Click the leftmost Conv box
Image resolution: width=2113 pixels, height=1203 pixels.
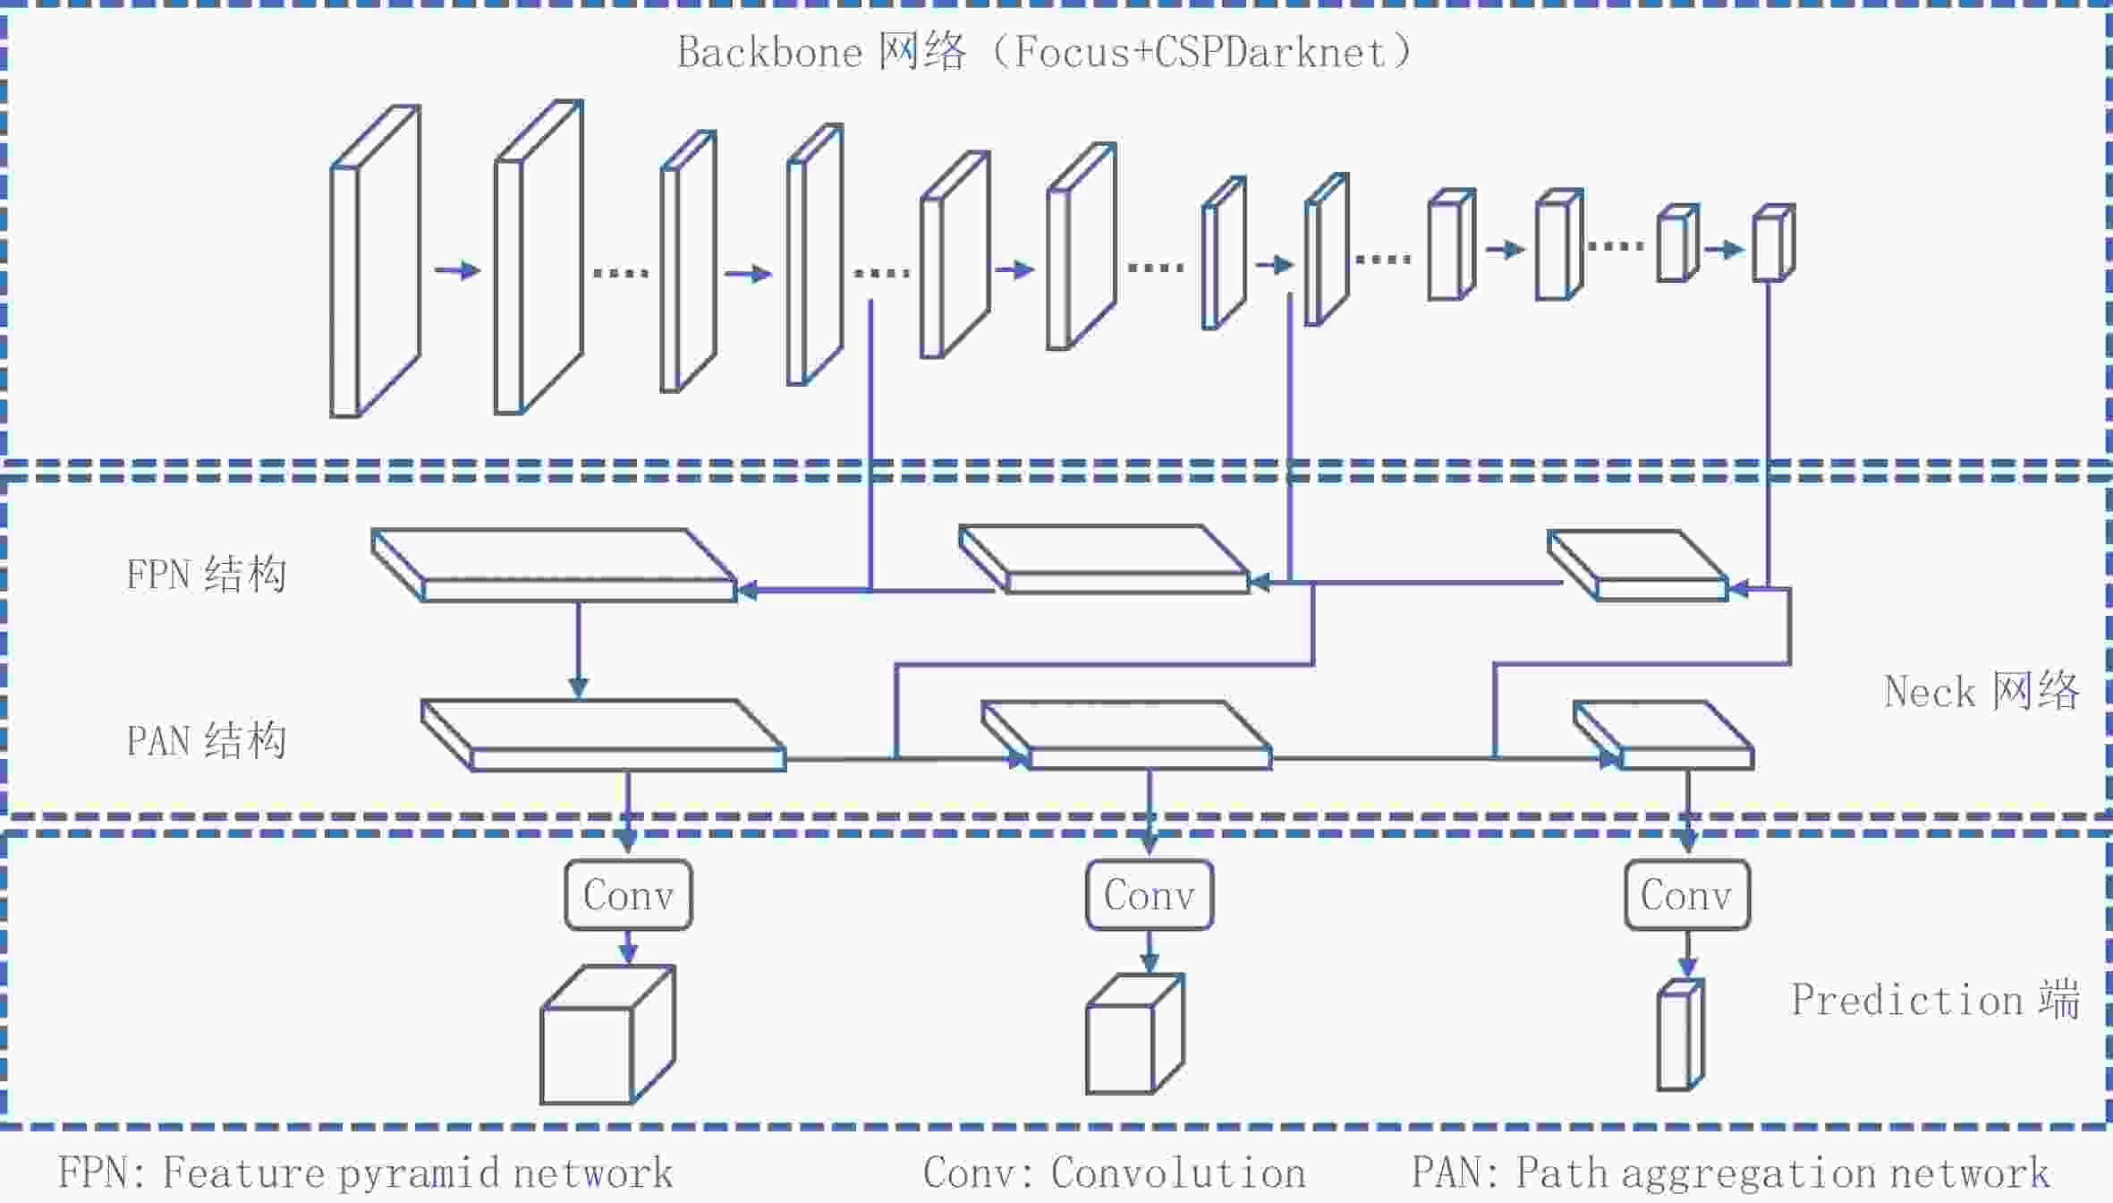point(628,895)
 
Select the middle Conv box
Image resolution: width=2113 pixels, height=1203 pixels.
point(1150,895)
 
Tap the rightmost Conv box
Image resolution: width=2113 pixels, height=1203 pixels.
point(1687,895)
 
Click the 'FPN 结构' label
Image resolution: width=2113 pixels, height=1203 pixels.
point(206,574)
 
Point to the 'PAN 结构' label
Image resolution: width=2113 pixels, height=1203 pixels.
point(206,740)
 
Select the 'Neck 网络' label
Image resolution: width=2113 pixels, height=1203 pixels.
point(1981,691)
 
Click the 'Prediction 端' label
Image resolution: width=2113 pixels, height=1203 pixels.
point(1935,999)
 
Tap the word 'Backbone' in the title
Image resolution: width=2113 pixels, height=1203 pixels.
point(769,52)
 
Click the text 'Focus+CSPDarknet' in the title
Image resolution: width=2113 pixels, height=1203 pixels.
point(1201,52)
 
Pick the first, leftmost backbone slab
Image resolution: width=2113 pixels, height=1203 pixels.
point(375,261)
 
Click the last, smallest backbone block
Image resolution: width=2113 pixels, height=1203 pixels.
point(1773,243)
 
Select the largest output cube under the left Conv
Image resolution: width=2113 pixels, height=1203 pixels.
point(607,1034)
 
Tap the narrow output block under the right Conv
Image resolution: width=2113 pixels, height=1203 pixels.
point(1680,1035)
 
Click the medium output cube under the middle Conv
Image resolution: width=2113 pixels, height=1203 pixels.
point(1135,1034)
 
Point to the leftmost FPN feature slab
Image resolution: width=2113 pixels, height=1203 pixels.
point(555,565)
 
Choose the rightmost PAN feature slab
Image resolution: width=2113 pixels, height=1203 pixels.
point(1663,735)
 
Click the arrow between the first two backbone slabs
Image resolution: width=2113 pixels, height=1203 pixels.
point(457,269)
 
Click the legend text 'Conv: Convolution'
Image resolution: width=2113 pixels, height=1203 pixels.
point(1115,1173)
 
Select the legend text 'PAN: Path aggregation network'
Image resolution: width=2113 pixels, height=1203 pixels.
point(1730,1173)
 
